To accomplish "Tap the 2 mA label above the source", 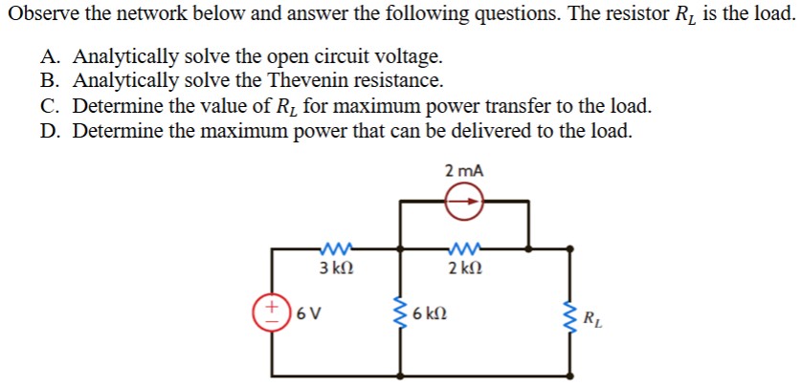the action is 464,171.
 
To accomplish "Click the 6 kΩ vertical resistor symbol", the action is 402,313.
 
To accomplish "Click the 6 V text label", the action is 307,312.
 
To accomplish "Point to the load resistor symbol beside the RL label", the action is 571,314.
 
